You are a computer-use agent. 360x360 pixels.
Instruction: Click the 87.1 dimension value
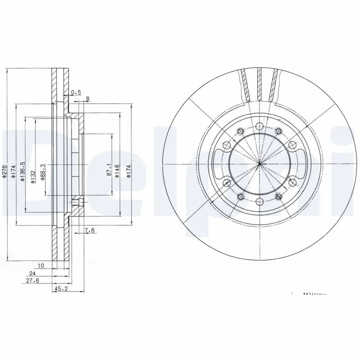point(109,170)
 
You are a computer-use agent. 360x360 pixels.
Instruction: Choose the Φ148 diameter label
point(117,171)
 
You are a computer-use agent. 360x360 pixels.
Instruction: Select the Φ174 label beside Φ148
point(128,171)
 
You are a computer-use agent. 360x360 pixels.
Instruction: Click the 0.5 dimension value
point(76,93)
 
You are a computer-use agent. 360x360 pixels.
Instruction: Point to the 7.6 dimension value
point(90,231)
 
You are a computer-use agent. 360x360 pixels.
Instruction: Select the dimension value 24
point(32,273)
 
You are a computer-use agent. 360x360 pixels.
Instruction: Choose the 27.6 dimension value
point(32,280)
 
